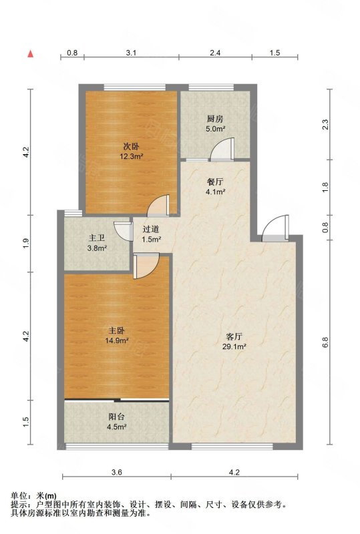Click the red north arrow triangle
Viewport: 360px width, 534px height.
point(30,53)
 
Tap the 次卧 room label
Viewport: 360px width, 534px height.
point(131,147)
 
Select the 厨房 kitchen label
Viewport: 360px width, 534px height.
point(215,119)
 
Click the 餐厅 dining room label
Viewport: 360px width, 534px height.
point(215,182)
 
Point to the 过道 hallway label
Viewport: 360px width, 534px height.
point(151,230)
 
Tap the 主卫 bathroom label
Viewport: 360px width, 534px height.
point(96,238)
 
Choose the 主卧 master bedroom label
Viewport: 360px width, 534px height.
point(116,330)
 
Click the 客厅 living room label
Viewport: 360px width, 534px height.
point(234,337)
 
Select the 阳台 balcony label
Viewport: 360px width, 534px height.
point(116,417)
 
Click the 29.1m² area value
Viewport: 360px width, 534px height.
point(234,346)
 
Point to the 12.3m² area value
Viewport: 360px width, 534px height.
point(131,157)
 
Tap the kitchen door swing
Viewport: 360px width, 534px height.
point(222,149)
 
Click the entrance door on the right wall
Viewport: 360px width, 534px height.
point(275,228)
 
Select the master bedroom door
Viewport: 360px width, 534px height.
point(146,266)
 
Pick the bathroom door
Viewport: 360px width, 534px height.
point(123,231)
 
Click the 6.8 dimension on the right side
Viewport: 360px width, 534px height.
point(325,342)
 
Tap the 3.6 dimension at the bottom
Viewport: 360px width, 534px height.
point(117,472)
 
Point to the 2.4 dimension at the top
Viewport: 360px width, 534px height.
point(215,53)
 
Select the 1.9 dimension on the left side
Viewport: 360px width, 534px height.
point(26,243)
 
